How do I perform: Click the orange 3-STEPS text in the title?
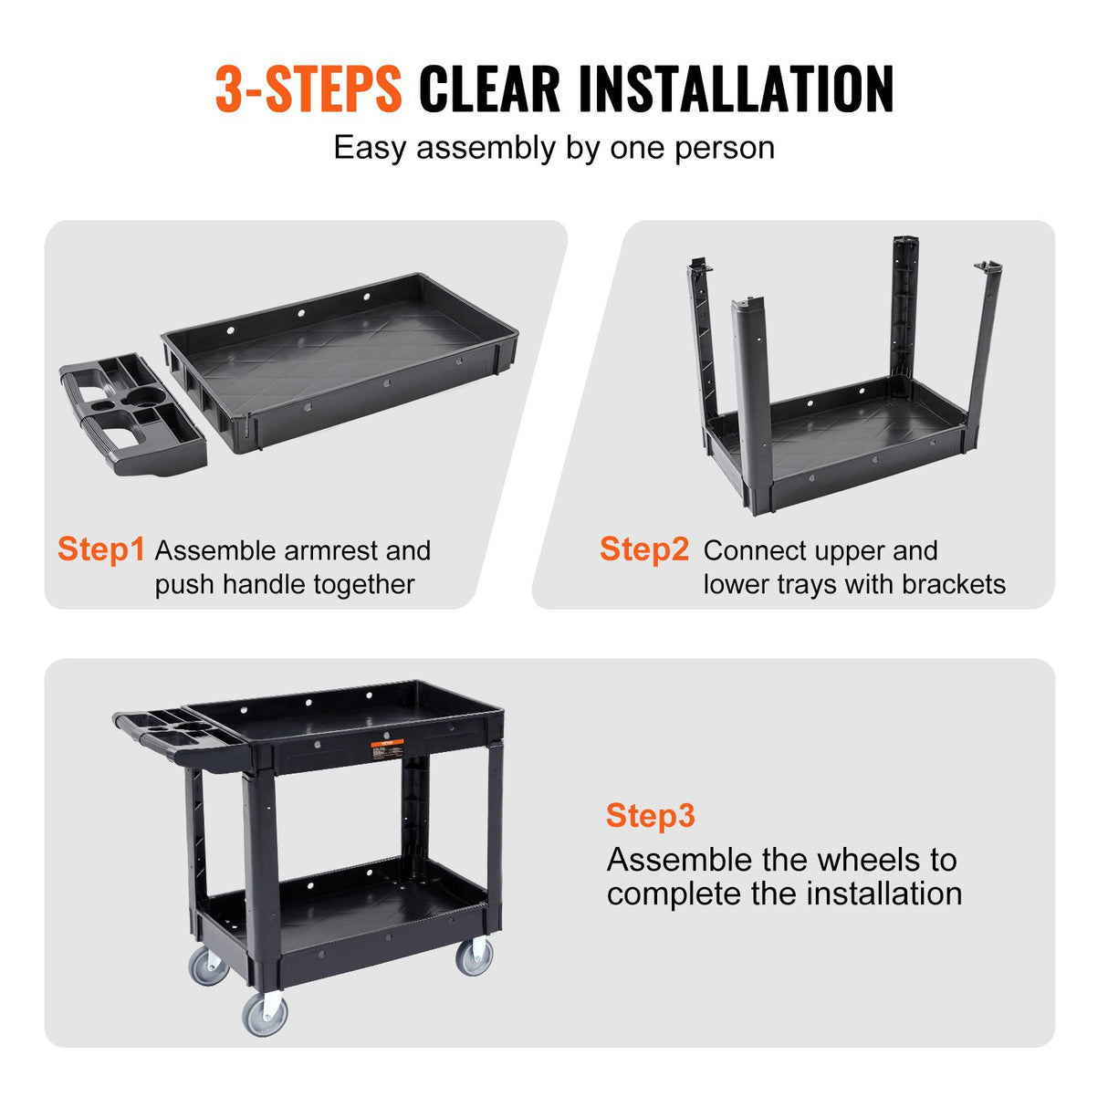coord(308,89)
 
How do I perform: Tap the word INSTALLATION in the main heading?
coord(736,89)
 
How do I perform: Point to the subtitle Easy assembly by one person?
coord(553,148)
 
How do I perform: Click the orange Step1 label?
coord(100,549)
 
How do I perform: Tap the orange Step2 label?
coord(643,549)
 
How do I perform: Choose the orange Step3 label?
coord(650,815)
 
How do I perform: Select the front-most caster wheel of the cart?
coord(265,1013)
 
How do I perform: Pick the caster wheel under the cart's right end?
coord(475,956)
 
